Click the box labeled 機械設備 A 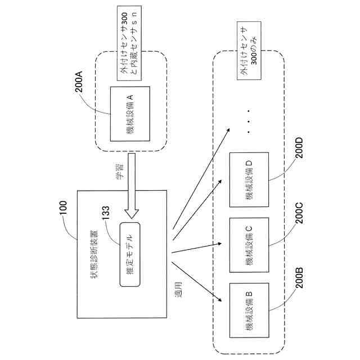coord(130,114)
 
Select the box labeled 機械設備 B coord(249,310)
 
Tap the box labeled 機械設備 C coord(249,245)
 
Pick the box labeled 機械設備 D coord(249,179)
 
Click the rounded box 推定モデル coord(130,254)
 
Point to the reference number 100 coord(63,208)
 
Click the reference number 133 coord(106,213)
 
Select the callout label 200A coord(79,82)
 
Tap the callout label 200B coord(299,277)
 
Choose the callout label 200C coord(299,213)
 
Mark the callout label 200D coord(299,147)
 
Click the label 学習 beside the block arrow coord(119,171)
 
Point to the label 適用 coord(178,290)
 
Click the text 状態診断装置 coord(94,254)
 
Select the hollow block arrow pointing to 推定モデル coord(132,186)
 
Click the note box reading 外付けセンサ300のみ coord(249,51)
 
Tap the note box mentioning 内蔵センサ coord(129,43)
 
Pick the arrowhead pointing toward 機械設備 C coord(219,244)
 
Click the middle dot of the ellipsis coord(249,121)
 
